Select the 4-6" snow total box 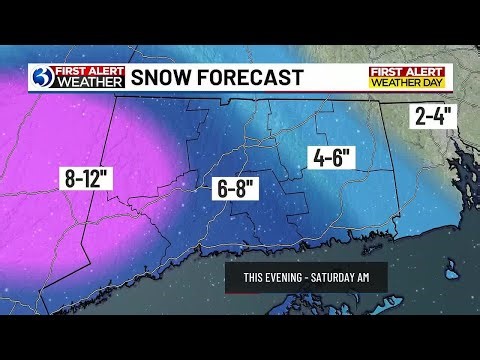(x=330, y=158)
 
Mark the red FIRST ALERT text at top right (x=410, y=72)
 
